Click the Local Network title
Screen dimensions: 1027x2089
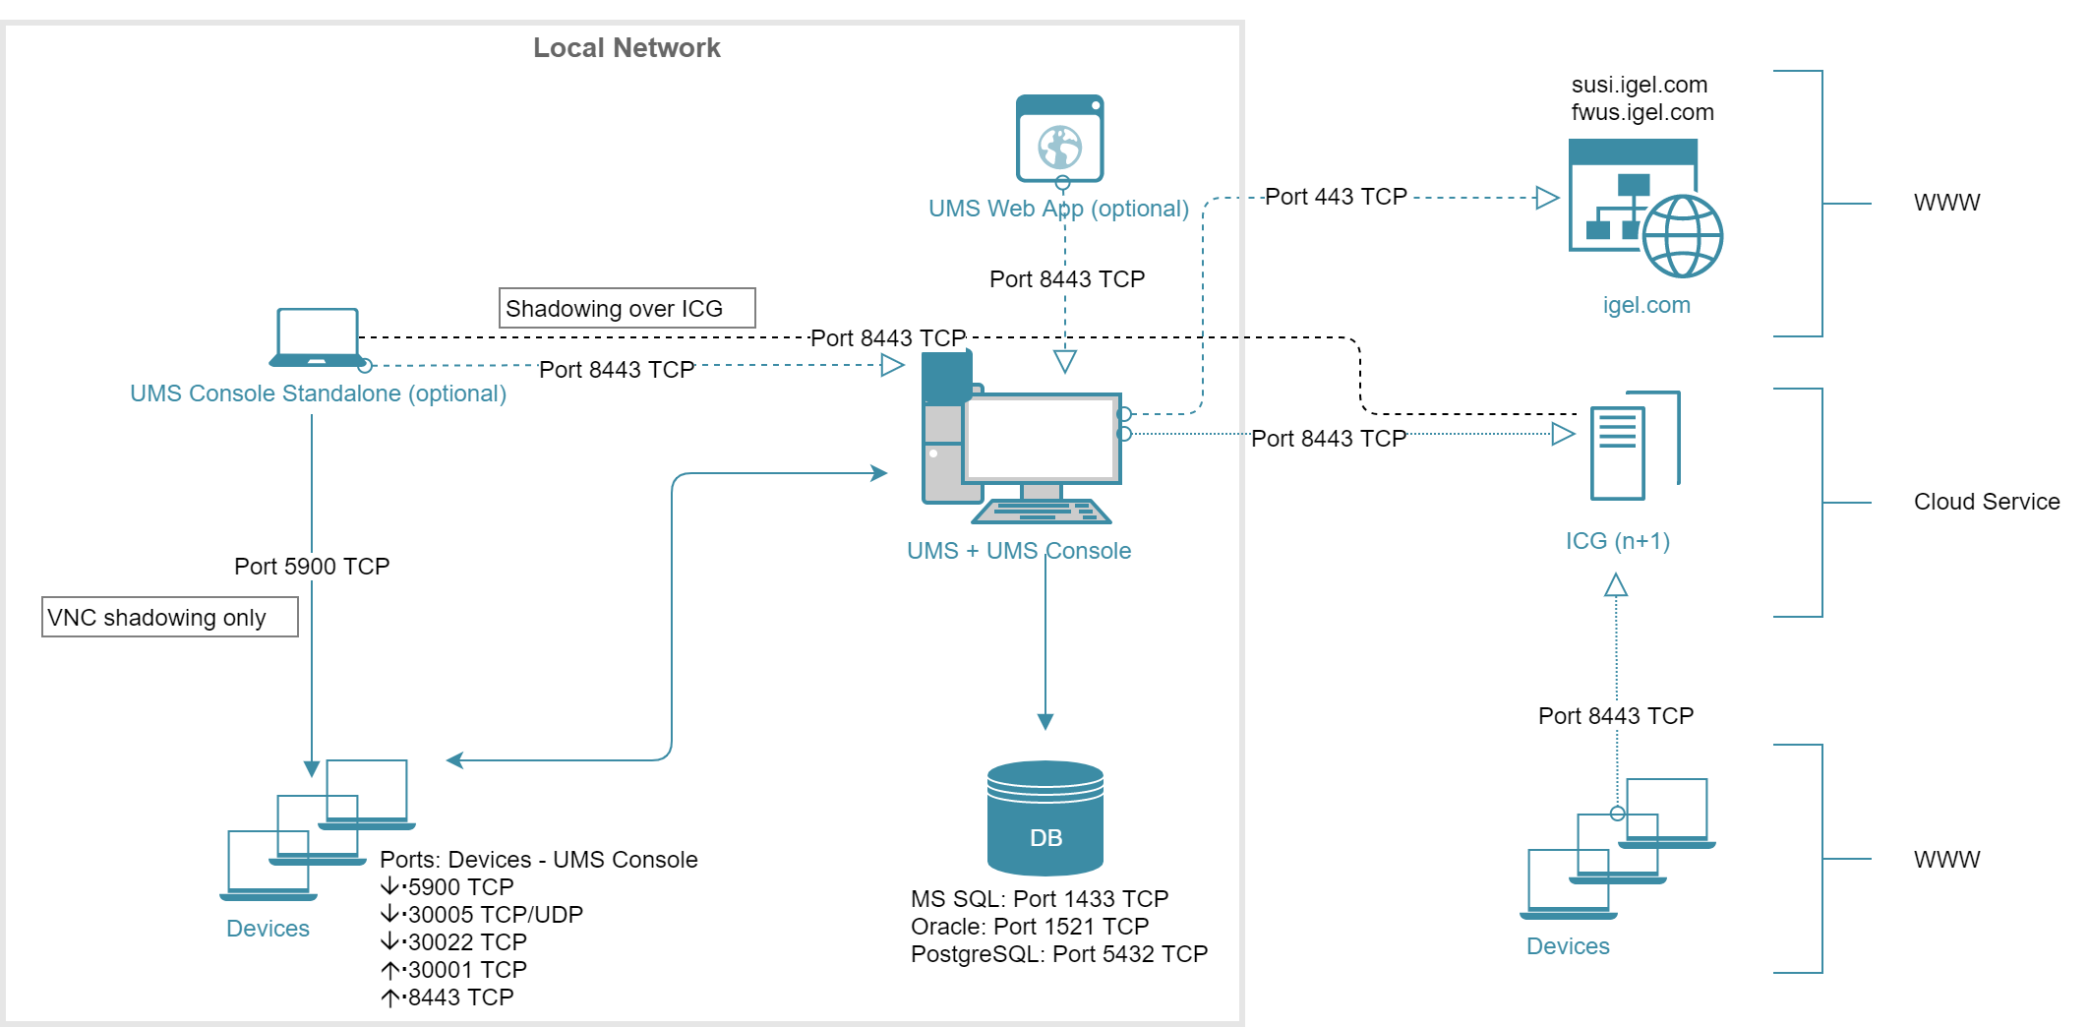[x=627, y=48]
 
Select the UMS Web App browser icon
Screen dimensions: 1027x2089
[x=1059, y=139]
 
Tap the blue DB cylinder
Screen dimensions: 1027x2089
[x=1044, y=818]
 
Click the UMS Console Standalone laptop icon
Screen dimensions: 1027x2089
[x=317, y=337]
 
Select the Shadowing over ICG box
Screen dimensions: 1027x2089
[x=627, y=308]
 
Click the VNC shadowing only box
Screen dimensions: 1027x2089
[x=169, y=618]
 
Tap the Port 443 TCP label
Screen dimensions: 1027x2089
[x=1335, y=197]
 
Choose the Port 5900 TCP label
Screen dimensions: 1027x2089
[x=312, y=567]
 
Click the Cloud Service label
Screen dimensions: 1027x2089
[x=1986, y=502]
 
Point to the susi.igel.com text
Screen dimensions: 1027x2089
[x=1639, y=85]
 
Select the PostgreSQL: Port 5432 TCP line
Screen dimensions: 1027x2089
[x=1058, y=954]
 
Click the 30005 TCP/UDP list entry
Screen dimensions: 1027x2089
[x=495, y=915]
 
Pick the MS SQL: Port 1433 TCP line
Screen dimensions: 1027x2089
[x=1039, y=899]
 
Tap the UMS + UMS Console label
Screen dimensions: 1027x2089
[x=1018, y=551]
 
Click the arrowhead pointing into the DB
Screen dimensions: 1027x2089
[x=1045, y=722]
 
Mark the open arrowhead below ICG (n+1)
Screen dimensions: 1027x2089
[x=1615, y=586]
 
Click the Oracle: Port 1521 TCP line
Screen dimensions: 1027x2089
[x=1029, y=927]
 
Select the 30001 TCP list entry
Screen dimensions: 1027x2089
[x=467, y=970]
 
